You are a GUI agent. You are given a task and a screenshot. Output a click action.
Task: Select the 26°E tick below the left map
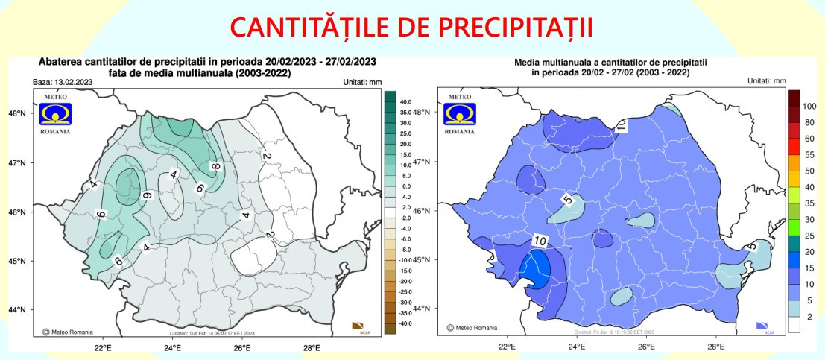242,347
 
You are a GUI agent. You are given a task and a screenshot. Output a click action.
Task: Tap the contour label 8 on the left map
214,167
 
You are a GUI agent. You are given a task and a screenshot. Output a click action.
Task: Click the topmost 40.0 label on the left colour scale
405,101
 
